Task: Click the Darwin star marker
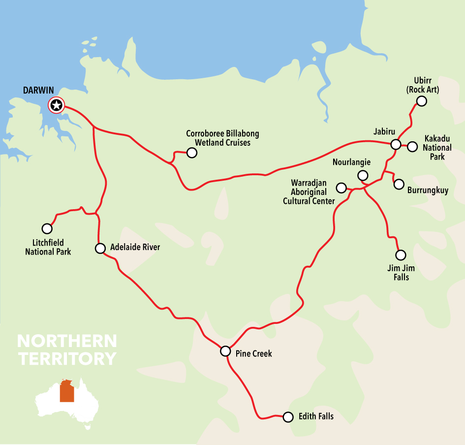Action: (x=57, y=105)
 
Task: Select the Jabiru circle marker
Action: (x=396, y=145)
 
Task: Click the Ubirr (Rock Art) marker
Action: (x=421, y=101)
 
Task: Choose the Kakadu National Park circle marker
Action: (x=412, y=146)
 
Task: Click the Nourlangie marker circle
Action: (x=363, y=175)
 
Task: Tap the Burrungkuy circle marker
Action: (x=399, y=184)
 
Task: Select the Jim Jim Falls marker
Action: (x=401, y=255)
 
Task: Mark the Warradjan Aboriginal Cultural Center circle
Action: (x=341, y=188)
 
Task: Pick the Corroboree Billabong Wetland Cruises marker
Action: (x=192, y=153)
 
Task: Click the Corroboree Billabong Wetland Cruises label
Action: (x=222, y=138)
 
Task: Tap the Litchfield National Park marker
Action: (x=47, y=228)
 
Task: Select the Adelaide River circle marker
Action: (x=100, y=248)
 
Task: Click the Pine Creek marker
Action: (x=225, y=351)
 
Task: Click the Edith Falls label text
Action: (x=316, y=416)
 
